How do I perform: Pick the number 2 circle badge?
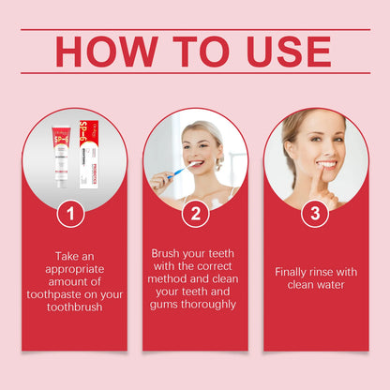[x=195, y=214]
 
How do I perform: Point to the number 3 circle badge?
[x=315, y=214]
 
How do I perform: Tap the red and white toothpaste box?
[x=92, y=150]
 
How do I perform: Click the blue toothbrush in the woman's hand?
[x=174, y=172]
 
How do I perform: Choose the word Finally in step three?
[x=294, y=272]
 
